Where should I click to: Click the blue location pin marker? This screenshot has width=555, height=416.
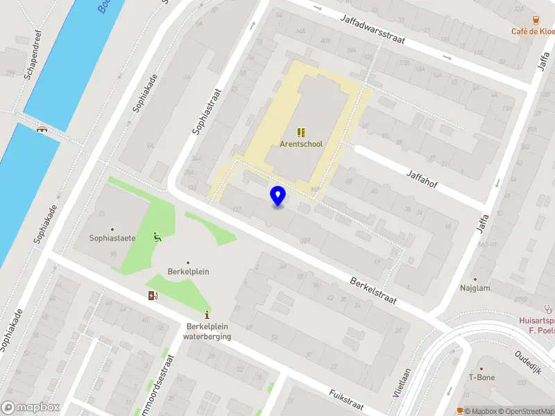pyautogui.click(x=277, y=196)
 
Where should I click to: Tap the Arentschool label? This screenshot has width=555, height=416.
pyautogui.click(x=301, y=144)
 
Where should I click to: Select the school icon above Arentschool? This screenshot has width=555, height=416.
pyautogui.click(x=301, y=132)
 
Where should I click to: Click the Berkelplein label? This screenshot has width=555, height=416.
pyautogui.click(x=188, y=272)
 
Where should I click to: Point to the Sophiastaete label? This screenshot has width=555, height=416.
pyautogui.click(x=112, y=238)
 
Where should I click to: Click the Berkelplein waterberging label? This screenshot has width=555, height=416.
pyautogui.click(x=207, y=332)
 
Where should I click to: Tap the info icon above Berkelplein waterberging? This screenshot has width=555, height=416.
pyautogui.click(x=207, y=314)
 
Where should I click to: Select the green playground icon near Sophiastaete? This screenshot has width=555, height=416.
pyautogui.click(x=158, y=237)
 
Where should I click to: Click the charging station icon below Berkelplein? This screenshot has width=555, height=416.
pyautogui.click(x=153, y=296)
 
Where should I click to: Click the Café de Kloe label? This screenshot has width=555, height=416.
pyautogui.click(x=533, y=31)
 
